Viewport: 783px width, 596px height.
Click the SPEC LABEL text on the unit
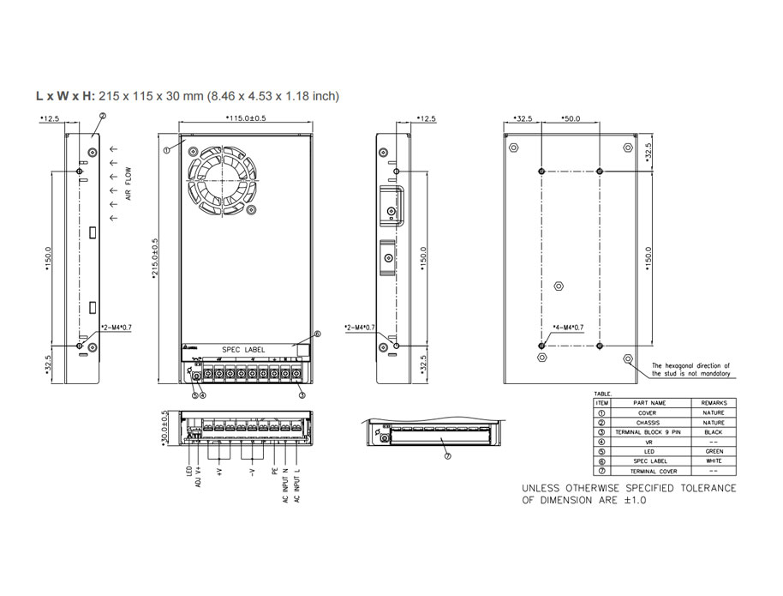243,350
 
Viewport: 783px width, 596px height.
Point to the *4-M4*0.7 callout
566,327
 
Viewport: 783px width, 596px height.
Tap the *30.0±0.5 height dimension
164,426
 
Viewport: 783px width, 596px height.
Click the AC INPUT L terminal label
296,485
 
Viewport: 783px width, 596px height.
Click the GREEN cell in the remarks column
713,452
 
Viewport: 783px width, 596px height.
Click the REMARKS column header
713,403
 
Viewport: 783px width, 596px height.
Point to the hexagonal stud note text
690,370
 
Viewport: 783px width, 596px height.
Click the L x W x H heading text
65,96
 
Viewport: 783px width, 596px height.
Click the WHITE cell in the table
713,461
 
